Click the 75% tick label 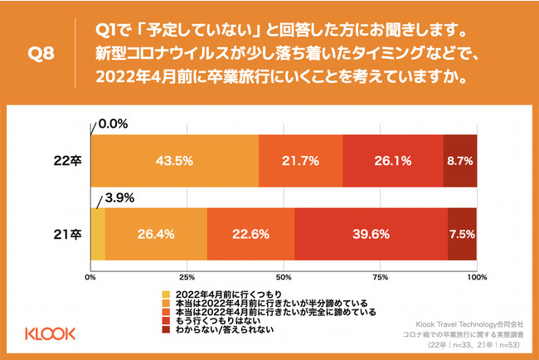(x=380, y=276)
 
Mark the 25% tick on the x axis (x=187, y=276)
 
